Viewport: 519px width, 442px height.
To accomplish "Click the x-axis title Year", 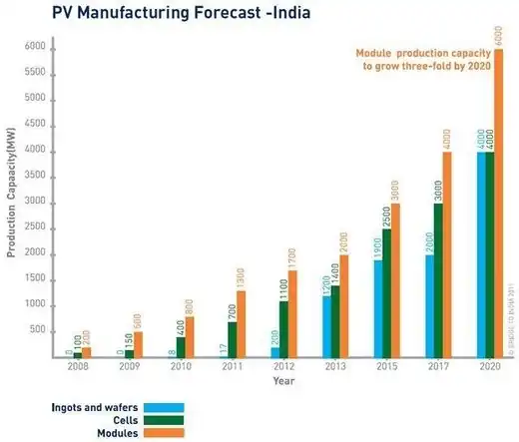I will tap(283, 380).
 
